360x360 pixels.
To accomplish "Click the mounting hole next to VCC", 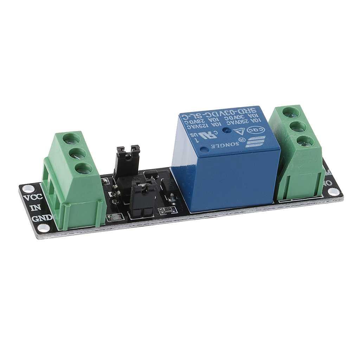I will tap(26, 188).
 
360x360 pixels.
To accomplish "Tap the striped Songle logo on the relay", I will tap(255, 141).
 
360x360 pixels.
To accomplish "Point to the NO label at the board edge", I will tap(327, 182).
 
